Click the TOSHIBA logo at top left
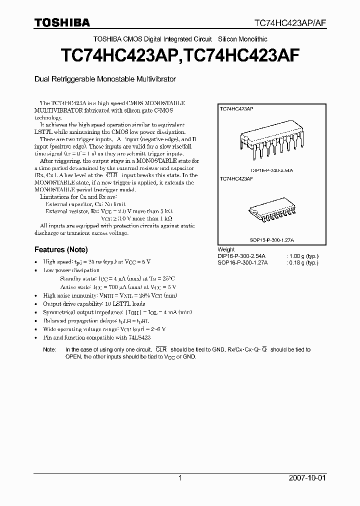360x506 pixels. [61, 22]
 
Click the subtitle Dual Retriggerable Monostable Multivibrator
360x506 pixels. [105, 79]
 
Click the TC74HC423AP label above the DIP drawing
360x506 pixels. [236, 108]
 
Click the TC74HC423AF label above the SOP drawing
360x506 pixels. [236, 178]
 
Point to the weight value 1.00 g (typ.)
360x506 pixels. [302, 256]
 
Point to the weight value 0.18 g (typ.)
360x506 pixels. [302, 262]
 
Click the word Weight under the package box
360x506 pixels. [226, 249]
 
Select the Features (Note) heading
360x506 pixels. [61, 249]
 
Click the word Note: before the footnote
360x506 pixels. [49, 350]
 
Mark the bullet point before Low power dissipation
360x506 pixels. [35, 270]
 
